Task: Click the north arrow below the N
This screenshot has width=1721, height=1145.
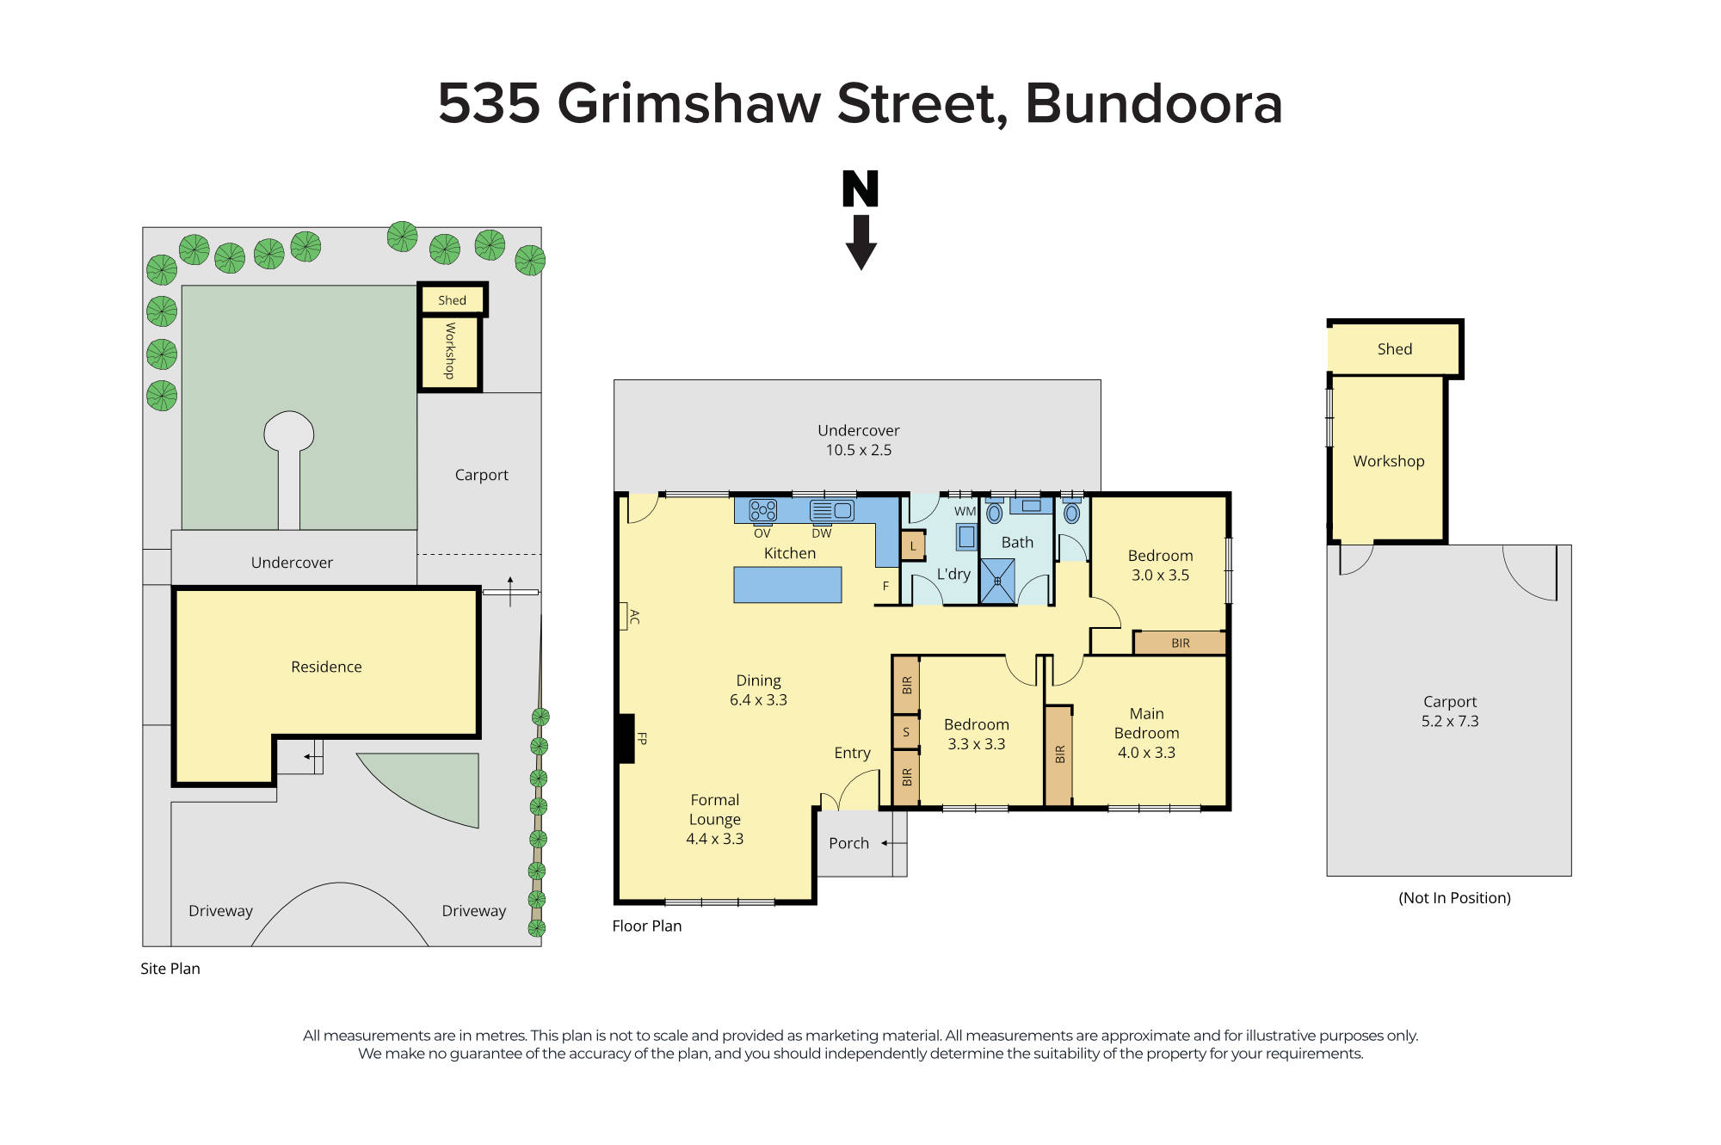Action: coord(860,243)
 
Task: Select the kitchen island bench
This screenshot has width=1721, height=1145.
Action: coord(787,585)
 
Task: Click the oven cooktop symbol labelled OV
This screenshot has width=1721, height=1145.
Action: coord(762,511)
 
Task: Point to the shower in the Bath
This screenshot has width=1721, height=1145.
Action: coord(997,582)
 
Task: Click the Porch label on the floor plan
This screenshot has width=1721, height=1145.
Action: coord(848,843)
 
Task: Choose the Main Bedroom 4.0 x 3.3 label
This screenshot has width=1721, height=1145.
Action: coord(1146,733)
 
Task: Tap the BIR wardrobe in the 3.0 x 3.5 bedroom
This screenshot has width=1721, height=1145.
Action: coord(1180,643)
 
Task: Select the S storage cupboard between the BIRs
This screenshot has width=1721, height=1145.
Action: coord(905,732)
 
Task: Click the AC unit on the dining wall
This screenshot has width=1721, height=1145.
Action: coord(625,616)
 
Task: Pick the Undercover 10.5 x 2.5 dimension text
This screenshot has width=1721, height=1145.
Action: coord(859,450)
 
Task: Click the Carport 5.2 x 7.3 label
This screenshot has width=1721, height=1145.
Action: coord(1450,711)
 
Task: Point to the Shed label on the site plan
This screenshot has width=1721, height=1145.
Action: coord(452,300)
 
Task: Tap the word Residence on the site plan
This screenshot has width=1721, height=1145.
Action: coord(326,667)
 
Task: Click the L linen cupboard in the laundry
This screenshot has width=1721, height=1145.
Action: coord(913,546)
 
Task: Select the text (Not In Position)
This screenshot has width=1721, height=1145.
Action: coord(1454,897)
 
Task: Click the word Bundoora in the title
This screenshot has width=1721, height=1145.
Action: coord(1153,103)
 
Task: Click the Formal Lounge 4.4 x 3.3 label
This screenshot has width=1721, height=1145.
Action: coord(714,819)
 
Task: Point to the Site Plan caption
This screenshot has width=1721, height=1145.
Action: coord(170,969)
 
